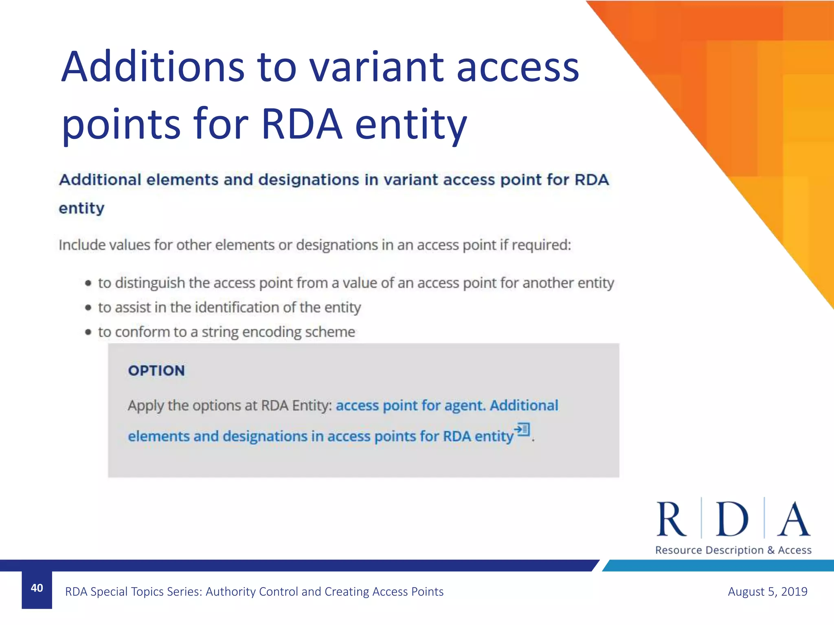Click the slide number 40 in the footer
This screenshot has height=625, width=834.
pyautogui.click(x=37, y=588)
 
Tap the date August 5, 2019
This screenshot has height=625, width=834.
pyautogui.click(x=767, y=591)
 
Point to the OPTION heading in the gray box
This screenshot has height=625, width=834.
pyautogui.click(x=156, y=371)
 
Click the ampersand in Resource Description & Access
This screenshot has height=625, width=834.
pyautogui.click(x=770, y=550)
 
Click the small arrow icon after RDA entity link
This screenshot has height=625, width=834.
pyautogui.click(x=522, y=429)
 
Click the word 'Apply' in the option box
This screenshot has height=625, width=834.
pyautogui.click(x=145, y=406)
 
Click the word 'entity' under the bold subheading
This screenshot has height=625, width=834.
pyautogui.click(x=81, y=208)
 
